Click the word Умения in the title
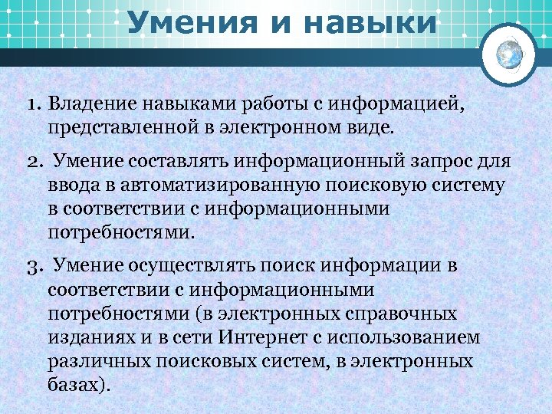pyautogui.click(x=184, y=22)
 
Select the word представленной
pyautogui.click(x=116, y=126)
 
